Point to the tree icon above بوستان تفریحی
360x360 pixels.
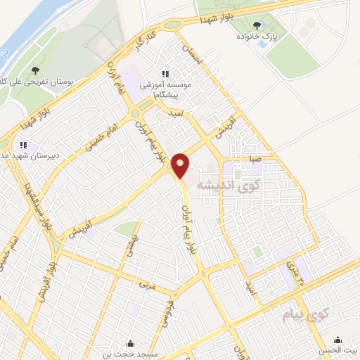click(x=35, y=70)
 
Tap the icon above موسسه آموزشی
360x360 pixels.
click(x=165, y=74)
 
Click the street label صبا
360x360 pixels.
click(x=255, y=159)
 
